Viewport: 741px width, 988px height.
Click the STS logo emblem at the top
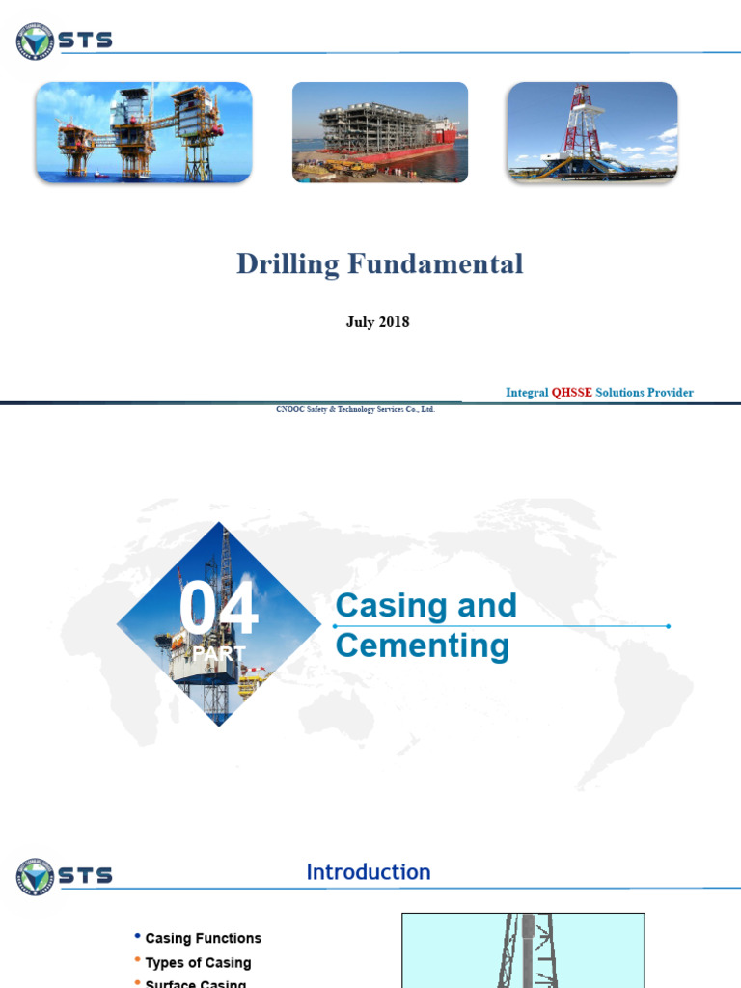pos(36,41)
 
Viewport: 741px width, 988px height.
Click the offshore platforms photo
pos(144,132)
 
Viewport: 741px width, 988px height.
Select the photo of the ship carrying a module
pos(380,132)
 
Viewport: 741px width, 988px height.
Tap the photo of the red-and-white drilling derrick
pos(592,132)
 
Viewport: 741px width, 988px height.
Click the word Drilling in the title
pos(286,264)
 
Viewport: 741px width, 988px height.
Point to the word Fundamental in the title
pos(433,264)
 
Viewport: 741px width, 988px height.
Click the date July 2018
pos(377,322)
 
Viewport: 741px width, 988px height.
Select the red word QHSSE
pos(571,393)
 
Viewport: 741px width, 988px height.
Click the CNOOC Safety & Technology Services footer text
pos(355,409)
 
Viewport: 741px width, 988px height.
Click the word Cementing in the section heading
pos(422,645)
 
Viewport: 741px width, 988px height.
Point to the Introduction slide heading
pos(369,872)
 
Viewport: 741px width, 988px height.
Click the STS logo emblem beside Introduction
pos(36,876)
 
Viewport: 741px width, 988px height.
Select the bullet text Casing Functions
pos(203,938)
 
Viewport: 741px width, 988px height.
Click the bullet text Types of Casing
pos(198,962)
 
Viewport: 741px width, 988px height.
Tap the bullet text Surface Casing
pos(195,983)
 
